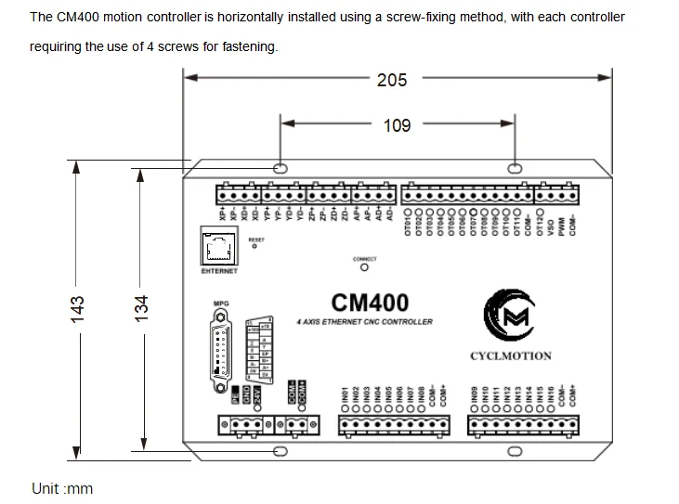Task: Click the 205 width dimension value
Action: pyautogui.click(x=391, y=81)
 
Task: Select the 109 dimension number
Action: pyautogui.click(x=397, y=125)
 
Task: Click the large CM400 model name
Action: pyautogui.click(x=369, y=303)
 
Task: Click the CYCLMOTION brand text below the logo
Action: pyautogui.click(x=511, y=355)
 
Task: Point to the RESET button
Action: pyautogui.click(x=256, y=248)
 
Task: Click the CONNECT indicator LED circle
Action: pyautogui.click(x=364, y=269)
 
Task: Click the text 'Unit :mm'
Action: pyautogui.click(x=62, y=488)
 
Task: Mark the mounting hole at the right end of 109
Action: pyautogui.click(x=514, y=168)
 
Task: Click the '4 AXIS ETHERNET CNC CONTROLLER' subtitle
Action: pyautogui.click(x=363, y=321)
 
